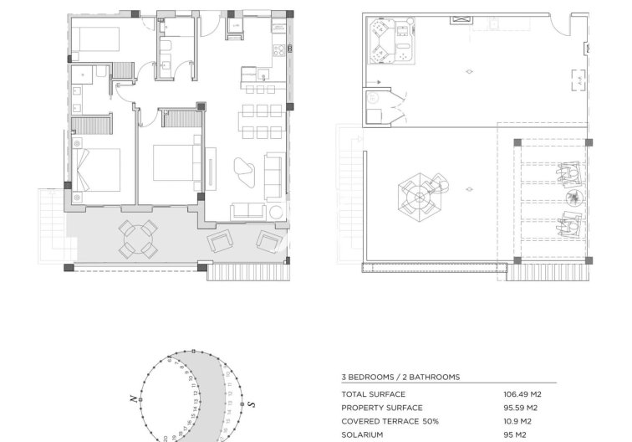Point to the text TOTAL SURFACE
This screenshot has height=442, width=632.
pos(373,394)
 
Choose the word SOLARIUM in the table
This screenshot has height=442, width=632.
pos(364,434)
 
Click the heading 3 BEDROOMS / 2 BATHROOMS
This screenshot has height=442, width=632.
pos(400,378)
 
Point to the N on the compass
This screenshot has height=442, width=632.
pos(132,400)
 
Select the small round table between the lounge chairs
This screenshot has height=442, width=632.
pos(573,198)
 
